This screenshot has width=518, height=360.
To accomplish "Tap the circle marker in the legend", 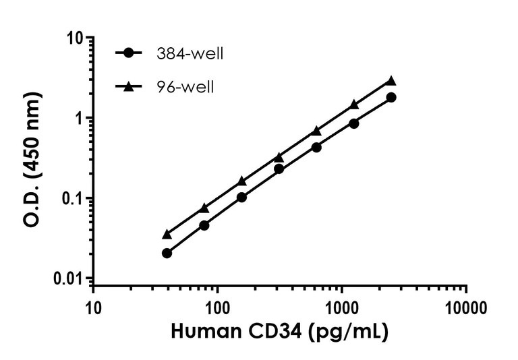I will (129, 53).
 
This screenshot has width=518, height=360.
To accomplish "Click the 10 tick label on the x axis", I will (93, 309).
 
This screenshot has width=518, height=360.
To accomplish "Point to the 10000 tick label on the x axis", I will (466, 309).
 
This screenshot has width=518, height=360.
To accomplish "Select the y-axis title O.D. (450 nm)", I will (32, 158).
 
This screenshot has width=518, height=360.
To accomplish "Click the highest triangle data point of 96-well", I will (391, 80).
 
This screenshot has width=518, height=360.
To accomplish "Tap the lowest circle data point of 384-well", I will (167, 253).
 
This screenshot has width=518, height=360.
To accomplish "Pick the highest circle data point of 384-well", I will (391, 97).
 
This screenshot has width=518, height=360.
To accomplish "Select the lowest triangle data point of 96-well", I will (167, 234).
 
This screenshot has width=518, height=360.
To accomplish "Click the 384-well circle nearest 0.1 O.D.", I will (241, 197).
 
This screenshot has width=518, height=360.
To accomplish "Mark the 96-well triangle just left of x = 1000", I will (316, 130).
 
